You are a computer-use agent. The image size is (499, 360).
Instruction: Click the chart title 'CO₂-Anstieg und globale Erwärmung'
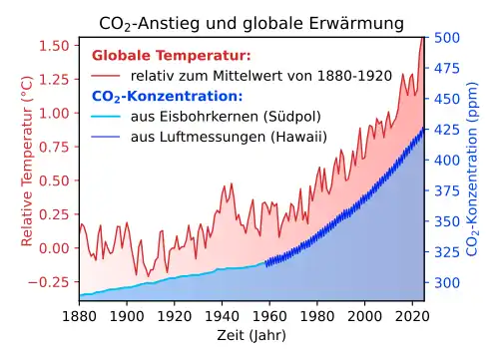(251, 24)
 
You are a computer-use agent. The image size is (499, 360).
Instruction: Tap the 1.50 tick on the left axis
(54, 46)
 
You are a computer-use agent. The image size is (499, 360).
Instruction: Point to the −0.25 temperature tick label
(49, 282)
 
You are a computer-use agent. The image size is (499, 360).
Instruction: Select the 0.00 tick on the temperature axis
(54, 248)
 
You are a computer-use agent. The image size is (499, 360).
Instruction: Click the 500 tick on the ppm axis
(447, 37)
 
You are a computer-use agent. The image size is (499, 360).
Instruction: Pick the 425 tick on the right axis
(447, 130)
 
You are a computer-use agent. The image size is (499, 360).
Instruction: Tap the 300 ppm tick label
(447, 283)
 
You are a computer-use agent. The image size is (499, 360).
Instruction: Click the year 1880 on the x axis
(80, 316)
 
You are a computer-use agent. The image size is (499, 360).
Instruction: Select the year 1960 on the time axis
(269, 316)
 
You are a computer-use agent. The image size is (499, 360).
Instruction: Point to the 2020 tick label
(412, 316)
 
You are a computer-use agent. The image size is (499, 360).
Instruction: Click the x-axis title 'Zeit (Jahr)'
(251, 335)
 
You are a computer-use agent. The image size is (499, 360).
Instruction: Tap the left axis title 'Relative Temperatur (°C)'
(27, 162)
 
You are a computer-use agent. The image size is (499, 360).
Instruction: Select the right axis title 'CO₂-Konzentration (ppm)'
(472, 169)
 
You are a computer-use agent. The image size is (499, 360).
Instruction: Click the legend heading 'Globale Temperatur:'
(172, 56)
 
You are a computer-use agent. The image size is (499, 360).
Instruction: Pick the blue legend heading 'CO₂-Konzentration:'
(168, 97)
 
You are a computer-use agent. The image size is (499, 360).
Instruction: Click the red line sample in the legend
(106, 76)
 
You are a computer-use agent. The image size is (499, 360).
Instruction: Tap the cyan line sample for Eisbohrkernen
(106, 117)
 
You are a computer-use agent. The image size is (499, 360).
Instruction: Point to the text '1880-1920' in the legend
(354, 76)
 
